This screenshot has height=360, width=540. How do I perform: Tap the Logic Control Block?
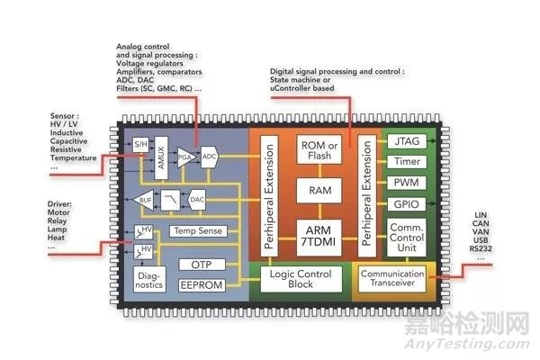pyautogui.click(x=301, y=280)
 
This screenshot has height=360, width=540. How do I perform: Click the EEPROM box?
pyautogui.click(x=201, y=285)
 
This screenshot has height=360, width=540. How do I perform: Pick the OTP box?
pyautogui.click(x=201, y=265)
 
